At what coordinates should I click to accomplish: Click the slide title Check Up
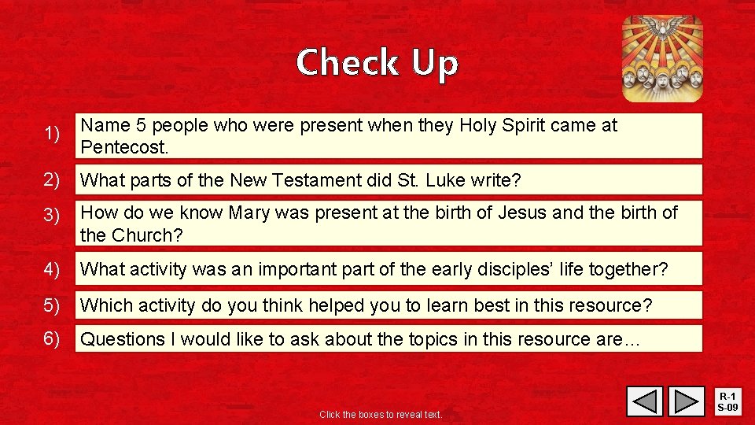pos(377,63)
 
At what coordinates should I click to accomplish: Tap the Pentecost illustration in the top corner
pos(662,59)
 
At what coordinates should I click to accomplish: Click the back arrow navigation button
pos(645,401)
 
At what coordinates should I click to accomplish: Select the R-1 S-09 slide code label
pos(729,401)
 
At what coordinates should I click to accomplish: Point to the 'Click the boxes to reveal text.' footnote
pos(381,415)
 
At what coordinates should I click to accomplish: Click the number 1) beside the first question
pos(53,135)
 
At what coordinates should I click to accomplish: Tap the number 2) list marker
pos(53,179)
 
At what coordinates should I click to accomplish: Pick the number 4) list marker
pos(53,269)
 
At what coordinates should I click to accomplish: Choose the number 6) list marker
pos(53,338)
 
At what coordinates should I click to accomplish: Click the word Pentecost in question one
pos(124,148)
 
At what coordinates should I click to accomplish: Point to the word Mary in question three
pos(248,213)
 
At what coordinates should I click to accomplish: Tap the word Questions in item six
pos(123,339)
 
